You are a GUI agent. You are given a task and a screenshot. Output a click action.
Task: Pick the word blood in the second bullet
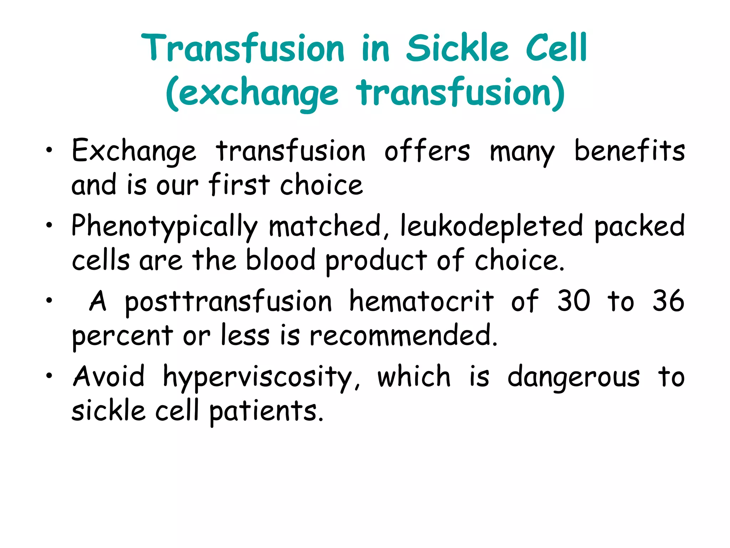pyautogui.click(x=281, y=260)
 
